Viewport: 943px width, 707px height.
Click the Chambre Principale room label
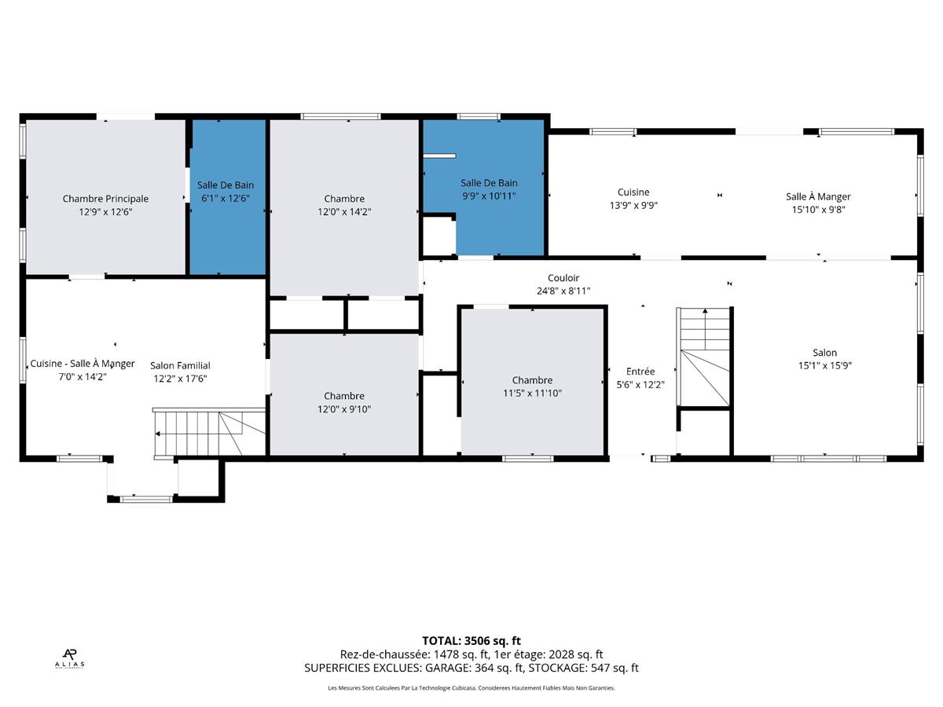coord(105,199)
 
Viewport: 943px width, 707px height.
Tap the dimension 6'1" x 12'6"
coord(226,198)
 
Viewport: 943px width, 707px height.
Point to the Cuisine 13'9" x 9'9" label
coord(633,199)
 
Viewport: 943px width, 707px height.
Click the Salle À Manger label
coord(818,196)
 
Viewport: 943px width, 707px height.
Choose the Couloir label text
coord(563,278)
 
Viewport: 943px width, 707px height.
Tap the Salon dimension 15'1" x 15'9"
coord(825,365)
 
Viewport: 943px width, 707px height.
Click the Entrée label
coord(640,372)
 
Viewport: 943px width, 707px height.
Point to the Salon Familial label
coord(180,366)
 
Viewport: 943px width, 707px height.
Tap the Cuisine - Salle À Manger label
coord(83,364)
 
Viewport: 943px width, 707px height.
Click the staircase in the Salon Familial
coord(209,434)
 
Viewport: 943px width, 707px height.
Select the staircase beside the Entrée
coord(703,357)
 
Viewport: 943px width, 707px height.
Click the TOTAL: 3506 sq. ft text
coord(472,641)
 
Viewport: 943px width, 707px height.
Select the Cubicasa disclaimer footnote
coord(472,688)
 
